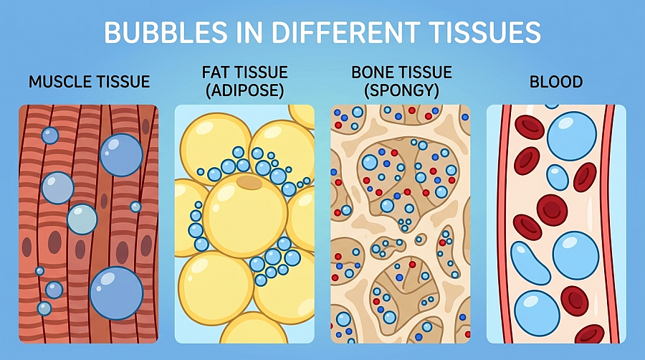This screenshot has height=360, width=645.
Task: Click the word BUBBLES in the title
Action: pyautogui.click(x=166, y=32)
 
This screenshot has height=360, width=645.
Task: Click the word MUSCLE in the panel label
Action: pyautogui.click(x=57, y=82)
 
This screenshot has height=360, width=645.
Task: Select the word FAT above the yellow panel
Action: pyautogui.click(x=216, y=72)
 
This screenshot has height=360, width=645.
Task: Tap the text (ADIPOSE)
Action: pyautogui.click(x=245, y=90)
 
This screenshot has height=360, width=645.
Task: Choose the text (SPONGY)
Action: pyautogui.click(x=401, y=90)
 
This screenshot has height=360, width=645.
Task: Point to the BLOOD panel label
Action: pyautogui.click(x=555, y=82)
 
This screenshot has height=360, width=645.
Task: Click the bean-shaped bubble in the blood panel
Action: pyautogui.click(x=530, y=263)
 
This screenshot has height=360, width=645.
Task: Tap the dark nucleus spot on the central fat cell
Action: pyautogui.click(x=249, y=182)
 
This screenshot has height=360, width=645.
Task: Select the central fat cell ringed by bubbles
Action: pyautogui.click(x=245, y=215)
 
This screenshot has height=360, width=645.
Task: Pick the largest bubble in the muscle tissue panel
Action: pyautogui.click(x=116, y=293)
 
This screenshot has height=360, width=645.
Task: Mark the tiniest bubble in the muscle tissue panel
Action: pyautogui.click(x=39, y=271)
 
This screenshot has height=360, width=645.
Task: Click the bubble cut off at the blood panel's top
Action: pyautogui.click(x=552, y=106)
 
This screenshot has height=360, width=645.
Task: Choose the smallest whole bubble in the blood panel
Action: pyautogui.click(x=558, y=177)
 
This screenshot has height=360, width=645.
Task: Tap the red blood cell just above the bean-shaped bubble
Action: pyautogui.click(x=527, y=227)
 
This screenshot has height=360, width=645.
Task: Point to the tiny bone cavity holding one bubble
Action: pyautogui.click(x=420, y=239)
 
